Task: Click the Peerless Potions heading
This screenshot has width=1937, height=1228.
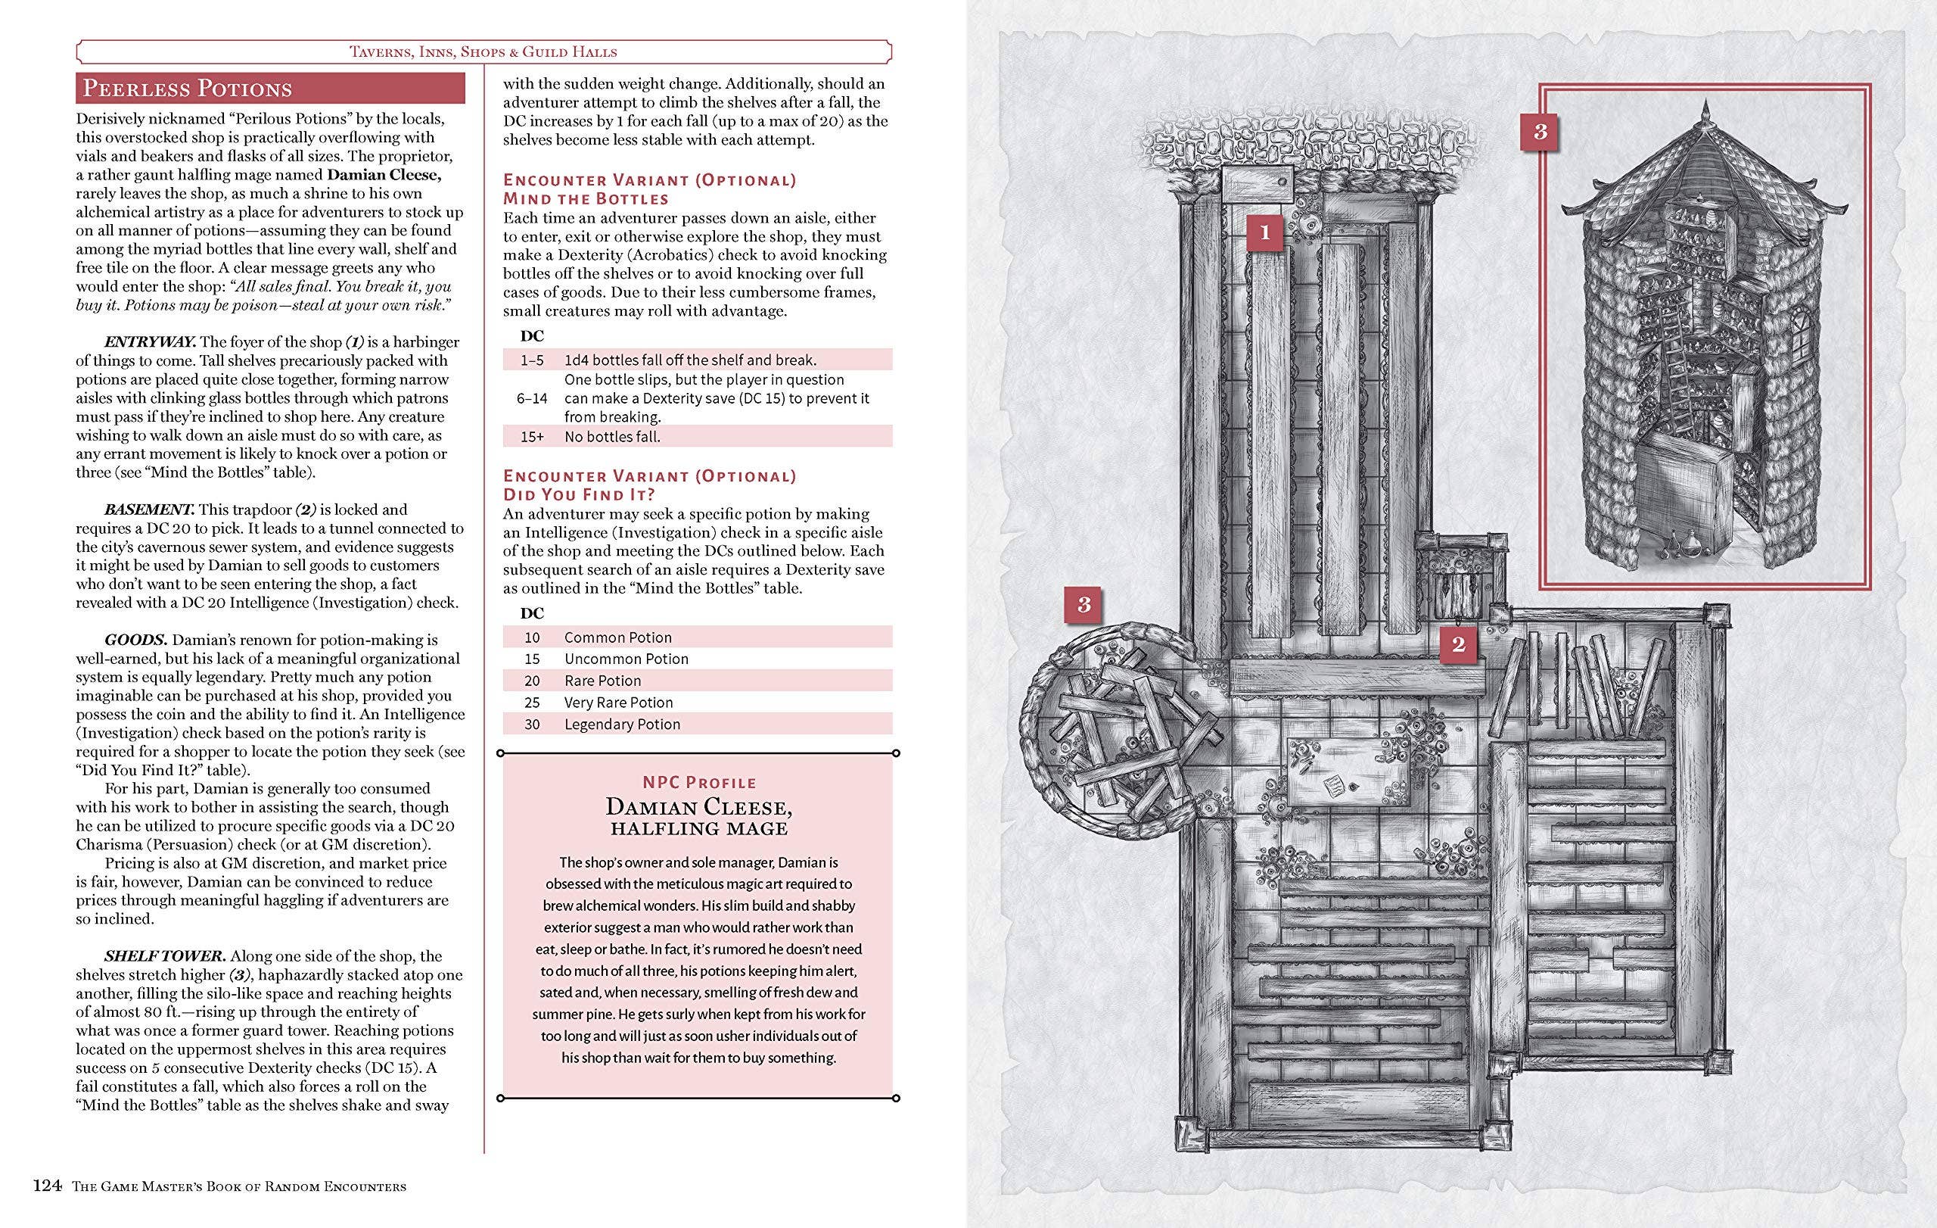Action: pyautogui.click(x=187, y=88)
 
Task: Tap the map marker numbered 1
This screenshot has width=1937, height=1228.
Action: pyautogui.click(x=1264, y=233)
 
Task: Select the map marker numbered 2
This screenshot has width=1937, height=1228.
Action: pyautogui.click(x=1457, y=644)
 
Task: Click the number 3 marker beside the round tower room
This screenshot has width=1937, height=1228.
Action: pyautogui.click(x=1084, y=605)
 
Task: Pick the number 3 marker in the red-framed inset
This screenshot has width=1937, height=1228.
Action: pyautogui.click(x=1540, y=131)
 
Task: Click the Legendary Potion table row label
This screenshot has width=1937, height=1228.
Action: pyautogui.click(x=622, y=725)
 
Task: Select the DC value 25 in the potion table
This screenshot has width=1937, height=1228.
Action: pyautogui.click(x=532, y=703)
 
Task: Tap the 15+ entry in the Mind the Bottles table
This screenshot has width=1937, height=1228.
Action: pyautogui.click(x=532, y=437)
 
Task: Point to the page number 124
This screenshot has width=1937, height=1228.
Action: pyautogui.click(x=48, y=1186)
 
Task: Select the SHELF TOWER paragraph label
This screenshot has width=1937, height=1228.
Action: pyautogui.click(x=164, y=957)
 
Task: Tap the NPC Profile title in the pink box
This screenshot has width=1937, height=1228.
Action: pyautogui.click(x=698, y=782)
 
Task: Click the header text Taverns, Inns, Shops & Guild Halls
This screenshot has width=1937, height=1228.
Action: pyautogui.click(x=483, y=52)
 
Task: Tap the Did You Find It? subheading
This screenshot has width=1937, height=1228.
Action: pyautogui.click(x=579, y=495)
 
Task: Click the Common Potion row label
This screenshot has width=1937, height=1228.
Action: pyautogui.click(x=617, y=637)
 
